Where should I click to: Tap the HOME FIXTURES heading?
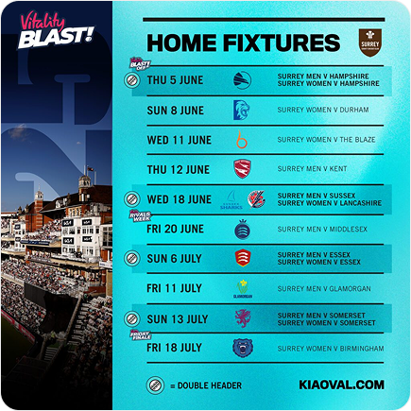[x=243, y=43]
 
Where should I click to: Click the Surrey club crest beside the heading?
[x=368, y=42]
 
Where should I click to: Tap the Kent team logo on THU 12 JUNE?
[x=242, y=169]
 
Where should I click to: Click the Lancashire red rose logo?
[x=256, y=199]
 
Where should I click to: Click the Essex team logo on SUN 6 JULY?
[x=242, y=258]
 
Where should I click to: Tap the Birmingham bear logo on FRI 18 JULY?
[x=242, y=348]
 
